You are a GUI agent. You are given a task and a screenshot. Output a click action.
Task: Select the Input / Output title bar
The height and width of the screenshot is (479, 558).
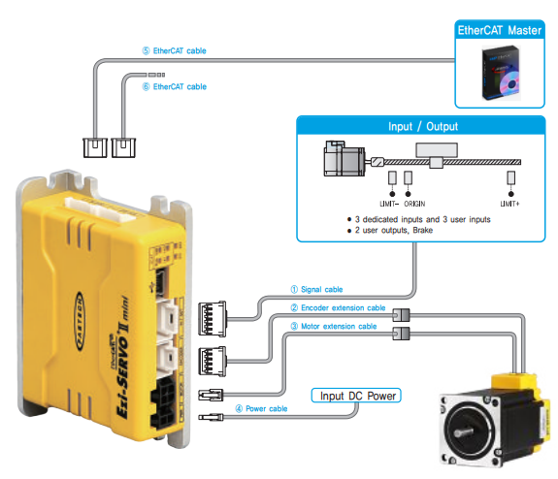[422, 126]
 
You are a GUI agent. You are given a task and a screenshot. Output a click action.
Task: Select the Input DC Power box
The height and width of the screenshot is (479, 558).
[355, 396]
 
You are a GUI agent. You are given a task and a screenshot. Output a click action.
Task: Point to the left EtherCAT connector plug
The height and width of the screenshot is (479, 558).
[95, 147]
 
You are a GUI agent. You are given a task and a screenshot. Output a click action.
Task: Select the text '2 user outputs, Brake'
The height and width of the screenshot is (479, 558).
[393, 230]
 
